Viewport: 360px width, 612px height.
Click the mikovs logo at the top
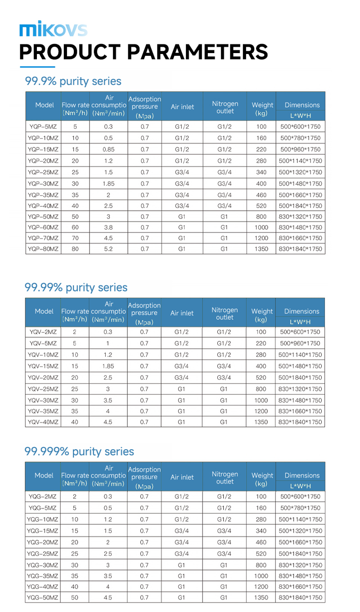point(53,29)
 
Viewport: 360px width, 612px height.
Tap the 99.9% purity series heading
point(73,81)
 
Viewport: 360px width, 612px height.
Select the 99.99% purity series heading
point(76,288)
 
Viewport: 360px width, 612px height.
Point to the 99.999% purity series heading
point(79,451)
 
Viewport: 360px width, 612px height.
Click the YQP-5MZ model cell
point(43,127)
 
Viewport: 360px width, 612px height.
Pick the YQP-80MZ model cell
point(43,249)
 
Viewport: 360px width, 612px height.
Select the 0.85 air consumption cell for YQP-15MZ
point(108,149)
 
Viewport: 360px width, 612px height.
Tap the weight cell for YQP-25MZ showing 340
point(261,172)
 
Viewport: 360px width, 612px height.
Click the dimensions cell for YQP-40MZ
point(301,206)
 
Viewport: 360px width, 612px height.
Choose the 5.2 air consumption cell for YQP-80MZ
point(108,249)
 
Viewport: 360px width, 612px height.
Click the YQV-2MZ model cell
point(43,332)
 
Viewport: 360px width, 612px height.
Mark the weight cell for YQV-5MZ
point(261,344)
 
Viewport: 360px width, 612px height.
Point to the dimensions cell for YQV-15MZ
point(301,366)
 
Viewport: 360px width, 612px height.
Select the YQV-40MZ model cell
point(43,422)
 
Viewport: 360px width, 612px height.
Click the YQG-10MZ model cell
point(43,519)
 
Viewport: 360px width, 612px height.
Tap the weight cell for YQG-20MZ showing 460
point(261,542)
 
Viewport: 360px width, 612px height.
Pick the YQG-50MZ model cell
point(43,598)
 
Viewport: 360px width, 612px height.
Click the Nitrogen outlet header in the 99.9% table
point(225,107)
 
